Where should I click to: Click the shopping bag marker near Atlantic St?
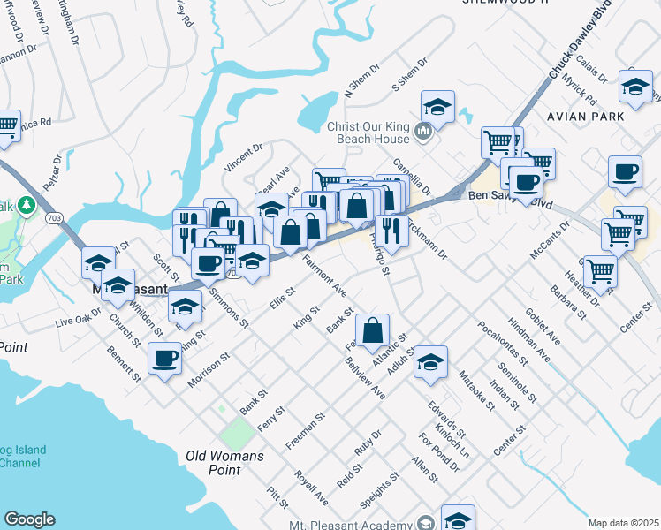point(374,331)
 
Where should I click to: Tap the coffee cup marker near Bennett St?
point(163,359)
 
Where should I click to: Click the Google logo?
point(29,519)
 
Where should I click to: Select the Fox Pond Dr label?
point(439,451)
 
